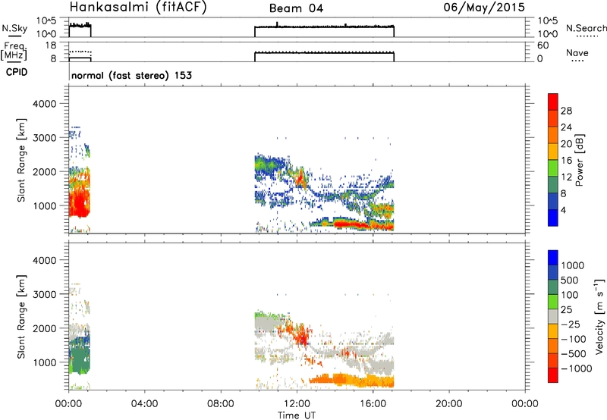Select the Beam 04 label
click(296, 8)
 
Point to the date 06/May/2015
click(484, 7)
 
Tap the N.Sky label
click(14, 28)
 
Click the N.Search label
click(586, 28)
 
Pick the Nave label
click(577, 52)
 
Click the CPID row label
click(17, 72)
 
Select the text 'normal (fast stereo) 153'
click(131, 75)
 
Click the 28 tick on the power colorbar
click(566, 111)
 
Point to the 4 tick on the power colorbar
click(563, 210)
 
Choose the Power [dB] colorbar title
click(579, 160)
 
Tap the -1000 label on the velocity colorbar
click(577, 368)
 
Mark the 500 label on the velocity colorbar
click(570, 280)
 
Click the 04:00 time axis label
click(144, 404)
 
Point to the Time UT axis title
click(297, 415)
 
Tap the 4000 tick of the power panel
click(45, 104)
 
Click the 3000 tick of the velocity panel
click(45, 294)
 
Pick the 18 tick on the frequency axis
click(51, 45)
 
